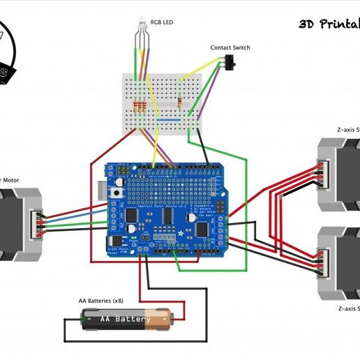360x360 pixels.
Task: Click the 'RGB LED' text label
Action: (x=162, y=22)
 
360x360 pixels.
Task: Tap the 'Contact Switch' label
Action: (x=230, y=48)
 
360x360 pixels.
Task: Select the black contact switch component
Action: (x=232, y=64)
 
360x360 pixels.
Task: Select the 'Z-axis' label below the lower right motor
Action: (x=347, y=307)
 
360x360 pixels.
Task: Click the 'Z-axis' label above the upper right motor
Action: (x=347, y=129)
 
